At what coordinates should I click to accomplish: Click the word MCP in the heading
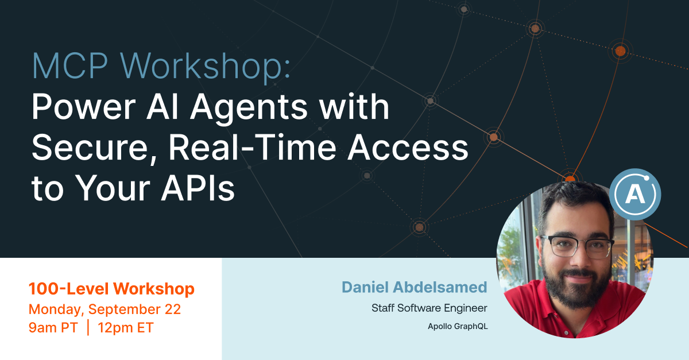(70, 66)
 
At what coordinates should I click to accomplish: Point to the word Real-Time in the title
(252, 148)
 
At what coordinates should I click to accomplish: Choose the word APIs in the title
(198, 188)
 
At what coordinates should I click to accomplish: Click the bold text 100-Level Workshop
(111, 289)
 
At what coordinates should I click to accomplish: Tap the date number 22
(173, 309)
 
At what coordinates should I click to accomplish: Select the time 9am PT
(53, 328)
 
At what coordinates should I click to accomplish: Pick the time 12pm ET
(126, 328)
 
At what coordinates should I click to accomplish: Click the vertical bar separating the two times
(88, 327)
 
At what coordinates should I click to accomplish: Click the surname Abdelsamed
(440, 287)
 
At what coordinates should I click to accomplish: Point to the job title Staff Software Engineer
(429, 308)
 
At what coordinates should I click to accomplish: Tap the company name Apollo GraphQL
(458, 326)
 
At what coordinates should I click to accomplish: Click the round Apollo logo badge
(635, 194)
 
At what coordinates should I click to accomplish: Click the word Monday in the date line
(56, 310)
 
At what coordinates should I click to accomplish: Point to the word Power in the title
(84, 107)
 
